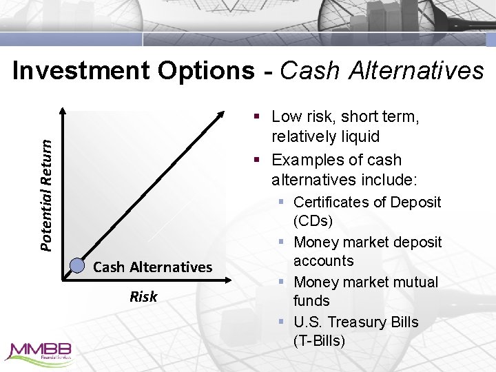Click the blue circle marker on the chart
(78, 267)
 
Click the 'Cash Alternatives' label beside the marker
(152, 267)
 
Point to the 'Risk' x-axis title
(143, 297)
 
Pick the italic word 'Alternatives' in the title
(417, 70)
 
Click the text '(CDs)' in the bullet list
(313, 221)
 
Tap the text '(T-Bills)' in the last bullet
(319, 341)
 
